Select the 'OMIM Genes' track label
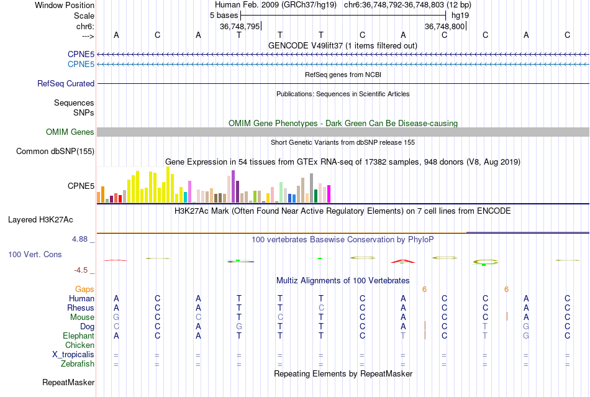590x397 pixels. coord(70,132)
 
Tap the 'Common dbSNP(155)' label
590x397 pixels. coord(55,151)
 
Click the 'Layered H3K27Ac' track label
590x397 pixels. coord(40,219)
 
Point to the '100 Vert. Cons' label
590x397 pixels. coord(35,254)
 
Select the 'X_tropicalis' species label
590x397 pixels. coord(73,354)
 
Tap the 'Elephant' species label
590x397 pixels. coord(78,335)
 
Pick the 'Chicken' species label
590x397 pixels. coord(79,345)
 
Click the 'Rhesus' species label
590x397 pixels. coord(81,308)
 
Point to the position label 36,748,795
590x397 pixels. coord(239,26)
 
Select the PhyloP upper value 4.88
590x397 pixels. coord(83,239)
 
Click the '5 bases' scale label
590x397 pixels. coord(224,15)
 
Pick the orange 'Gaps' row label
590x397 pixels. coord(84,289)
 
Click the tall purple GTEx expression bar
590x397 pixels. coord(233,186)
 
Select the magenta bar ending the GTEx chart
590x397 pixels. coord(329,193)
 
